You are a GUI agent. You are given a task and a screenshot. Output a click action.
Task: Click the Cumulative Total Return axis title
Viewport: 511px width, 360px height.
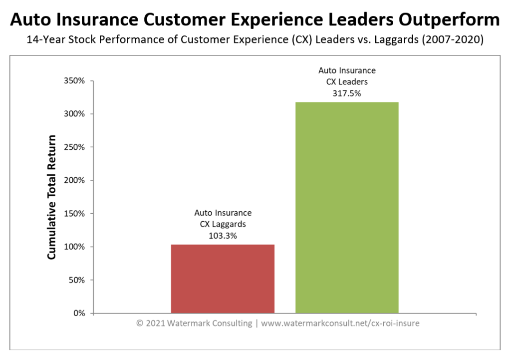pyautogui.click(x=52, y=197)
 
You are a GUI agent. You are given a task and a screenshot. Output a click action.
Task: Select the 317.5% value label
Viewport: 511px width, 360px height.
pyautogui.click(x=347, y=92)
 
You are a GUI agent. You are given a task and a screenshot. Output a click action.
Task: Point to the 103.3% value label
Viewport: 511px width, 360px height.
pyautogui.click(x=223, y=236)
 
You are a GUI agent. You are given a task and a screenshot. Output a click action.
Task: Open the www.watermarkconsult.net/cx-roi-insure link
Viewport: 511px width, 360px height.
pyautogui.click(x=340, y=323)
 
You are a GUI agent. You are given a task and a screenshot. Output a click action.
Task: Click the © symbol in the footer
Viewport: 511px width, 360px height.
pyautogui.click(x=140, y=323)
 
